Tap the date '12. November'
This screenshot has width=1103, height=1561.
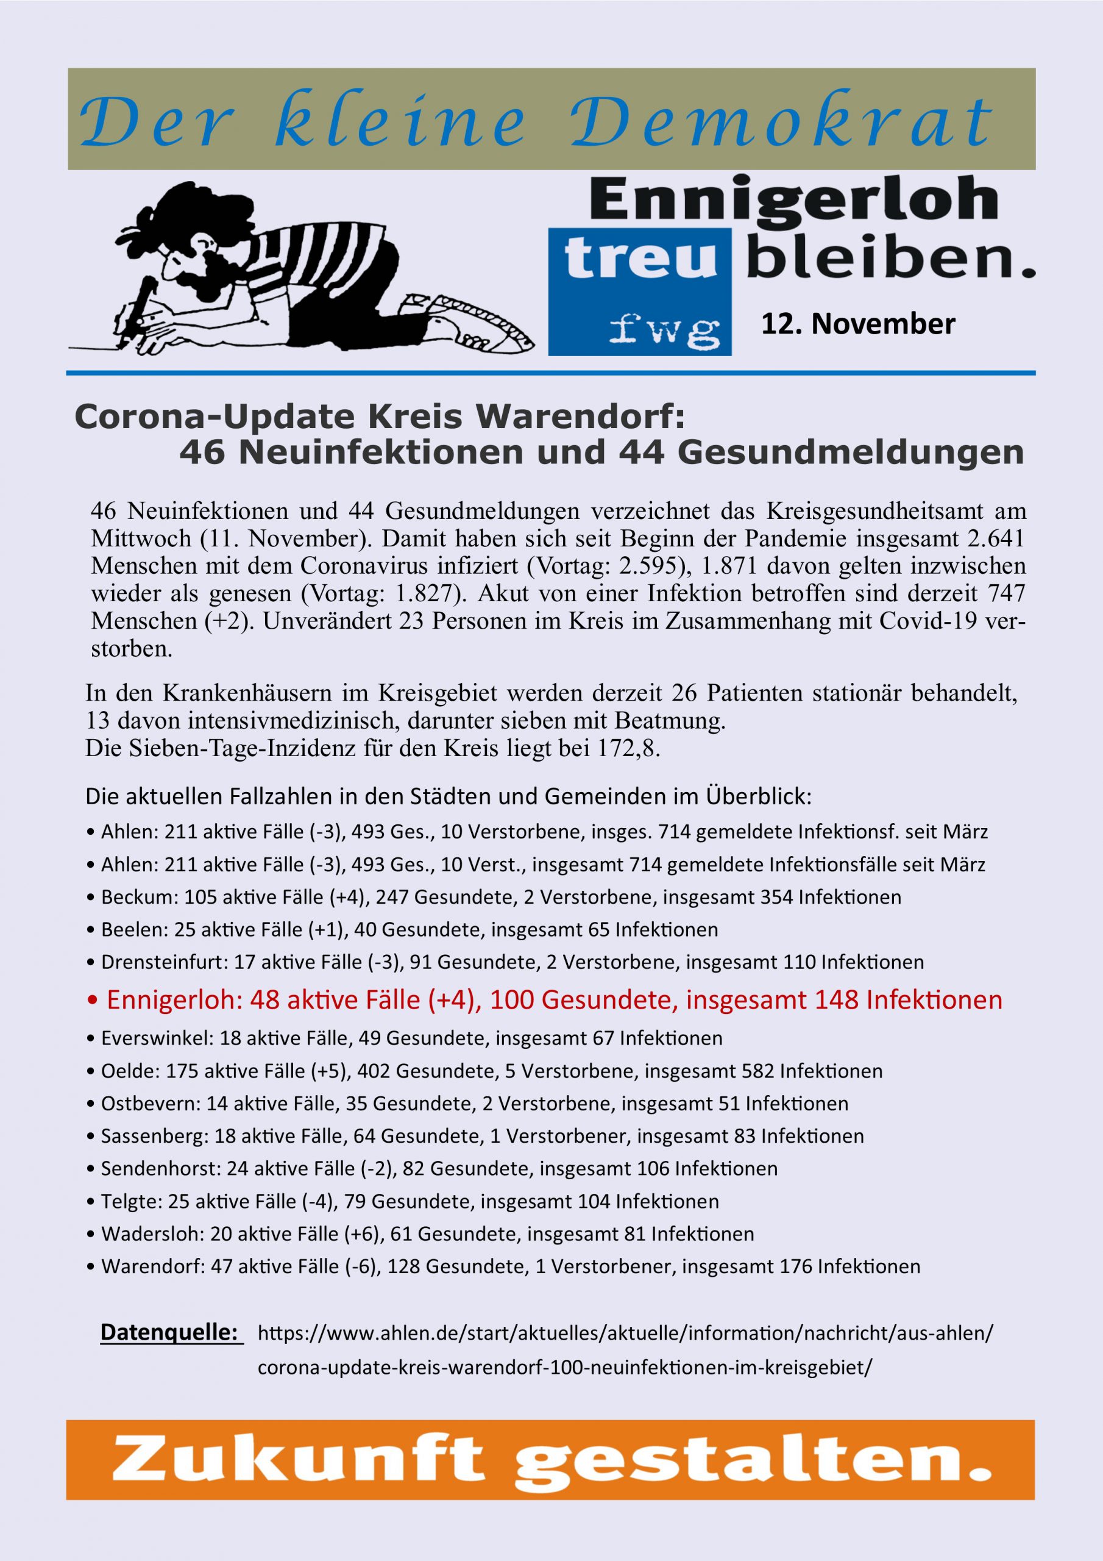[857, 324]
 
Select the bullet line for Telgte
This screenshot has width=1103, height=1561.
[403, 1201]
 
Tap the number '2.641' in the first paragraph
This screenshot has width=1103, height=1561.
[993, 538]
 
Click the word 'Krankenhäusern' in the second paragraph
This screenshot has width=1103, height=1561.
[266, 693]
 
